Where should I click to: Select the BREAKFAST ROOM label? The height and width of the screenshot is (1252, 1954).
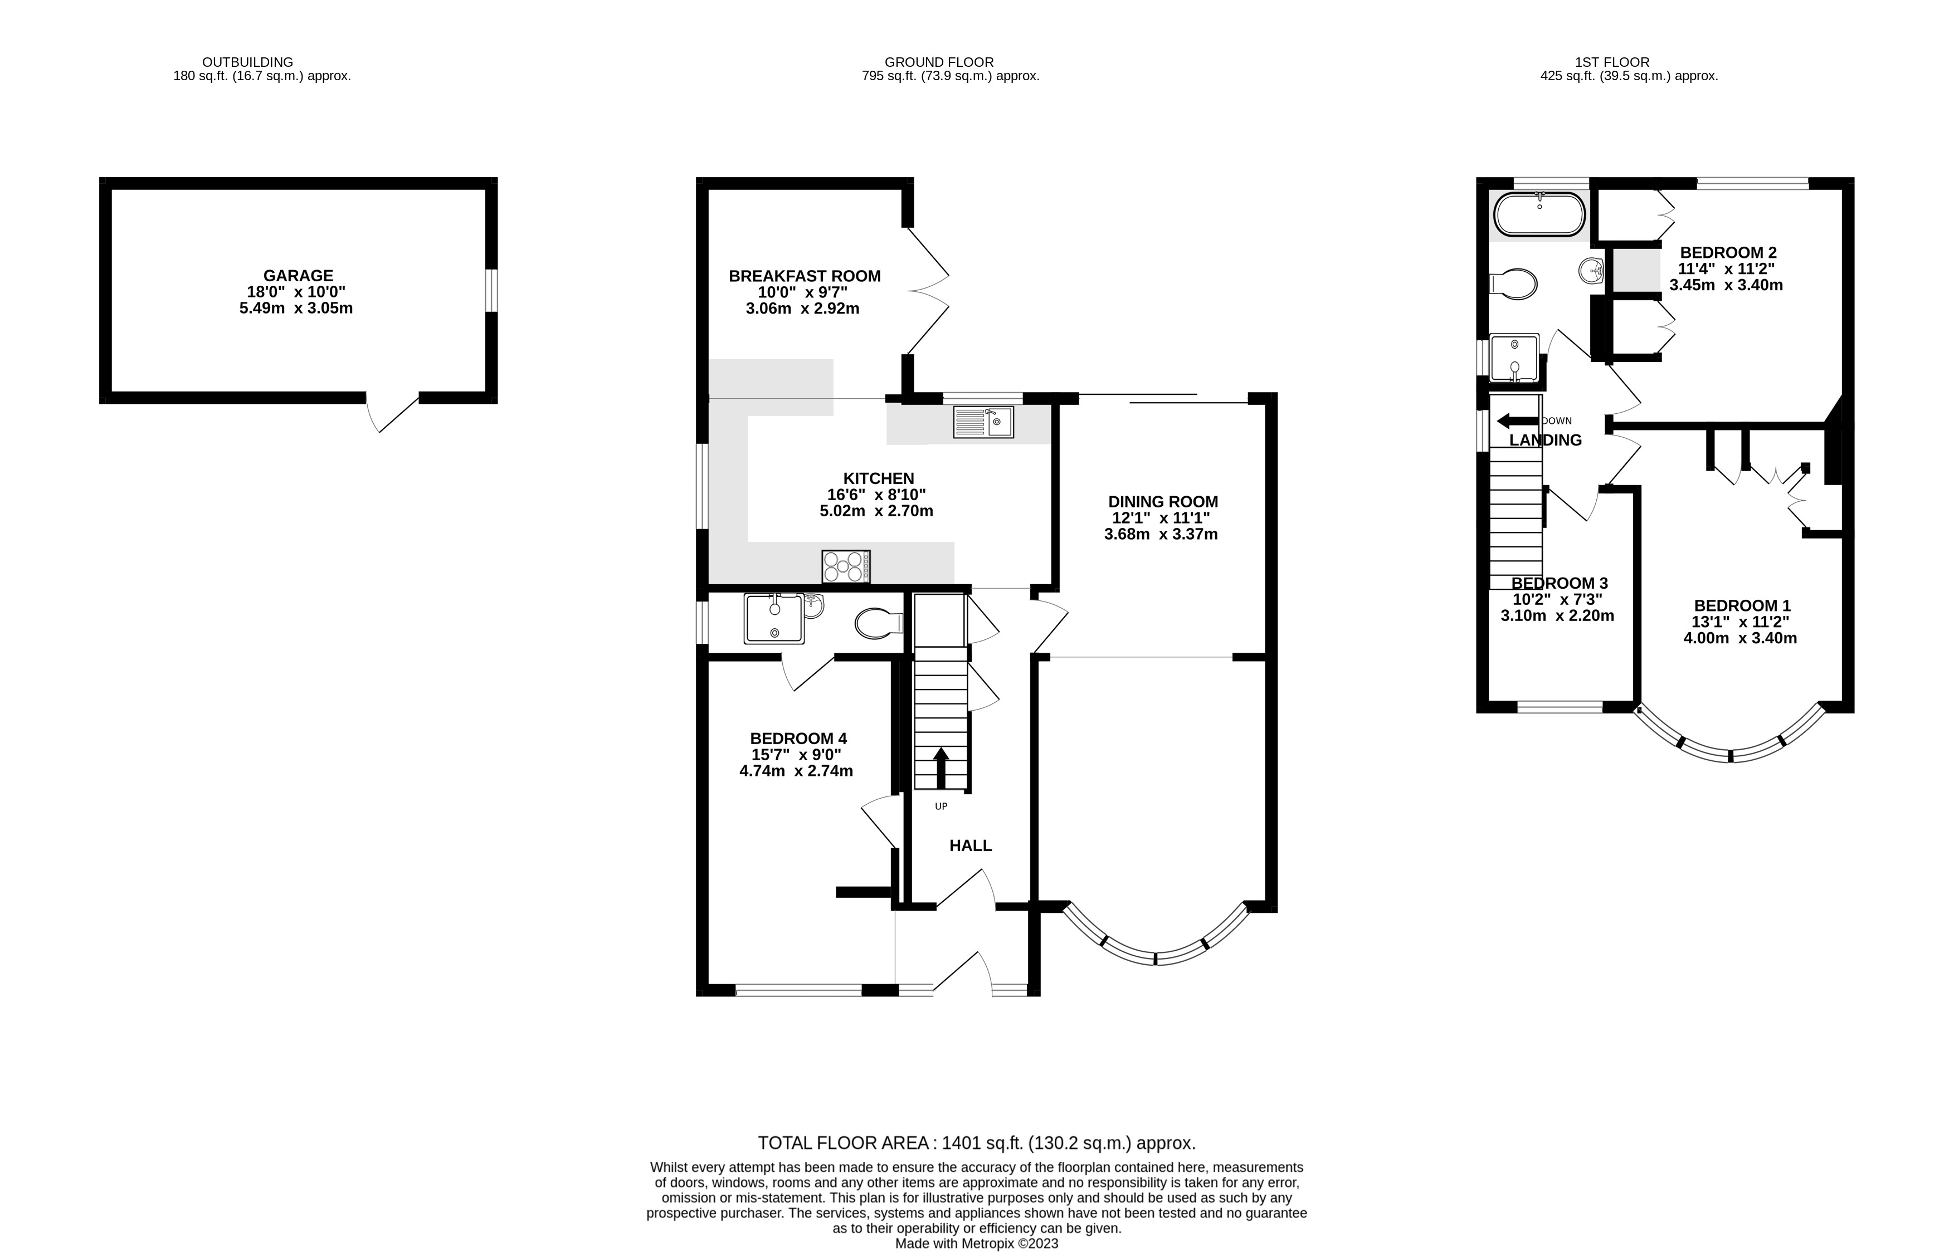(804, 276)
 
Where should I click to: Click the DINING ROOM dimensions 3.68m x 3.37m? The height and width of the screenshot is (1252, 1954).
(1161, 534)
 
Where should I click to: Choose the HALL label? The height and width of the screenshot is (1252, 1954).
(970, 845)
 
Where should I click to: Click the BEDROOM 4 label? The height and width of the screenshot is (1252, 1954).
(798, 738)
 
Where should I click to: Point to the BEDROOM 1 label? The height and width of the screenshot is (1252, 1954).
(1742, 606)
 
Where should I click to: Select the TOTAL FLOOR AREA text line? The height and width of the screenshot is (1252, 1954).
(976, 1143)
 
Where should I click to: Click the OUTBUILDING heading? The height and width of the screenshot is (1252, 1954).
(247, 62)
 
